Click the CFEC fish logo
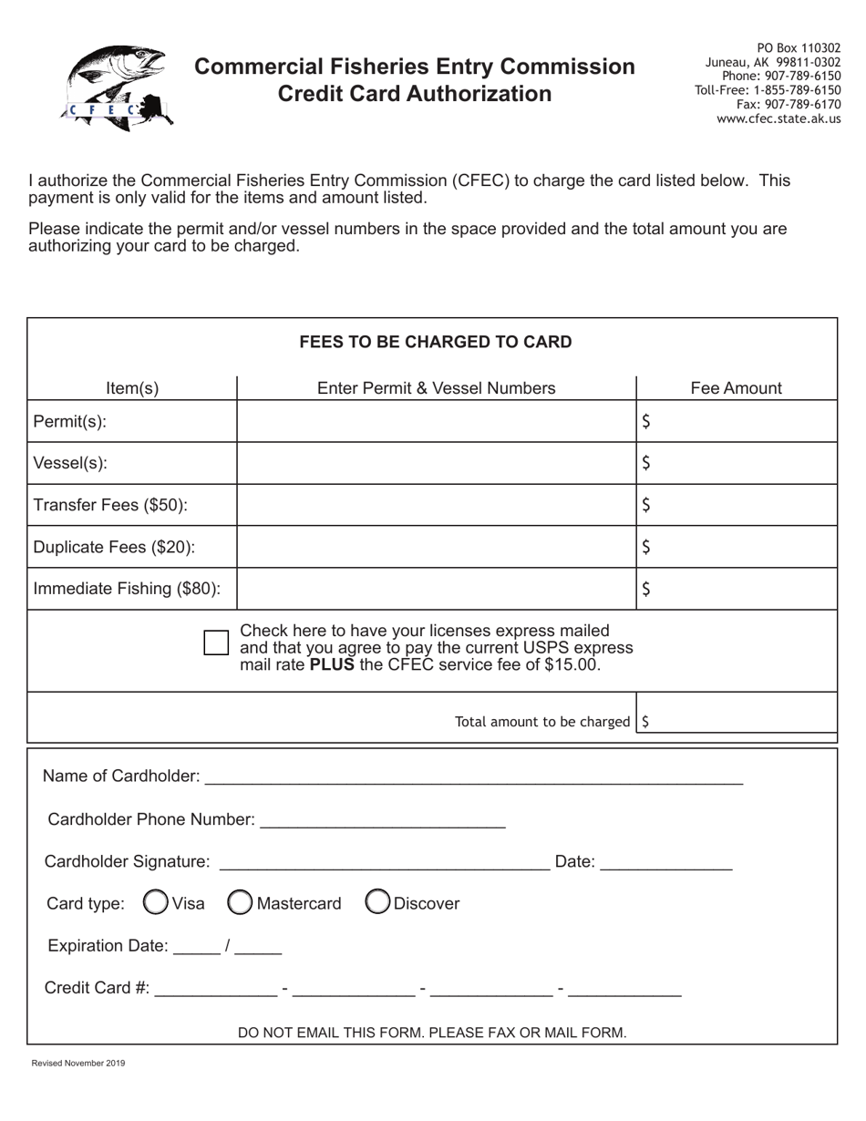117,88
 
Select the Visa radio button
157,902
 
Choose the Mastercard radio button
240,902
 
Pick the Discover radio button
377,902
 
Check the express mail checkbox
216,643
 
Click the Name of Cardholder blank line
474,776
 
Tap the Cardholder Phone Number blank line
382,819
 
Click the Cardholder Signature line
384,861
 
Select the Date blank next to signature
666,861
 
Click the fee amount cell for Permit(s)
736,421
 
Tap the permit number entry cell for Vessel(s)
436,463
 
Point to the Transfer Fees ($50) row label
110,505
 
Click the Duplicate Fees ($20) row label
114,547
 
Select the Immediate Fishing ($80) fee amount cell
736,589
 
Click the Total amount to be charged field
738,721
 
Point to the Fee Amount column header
736,388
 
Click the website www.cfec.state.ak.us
778,118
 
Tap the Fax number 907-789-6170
788,105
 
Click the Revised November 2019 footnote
78,1063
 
